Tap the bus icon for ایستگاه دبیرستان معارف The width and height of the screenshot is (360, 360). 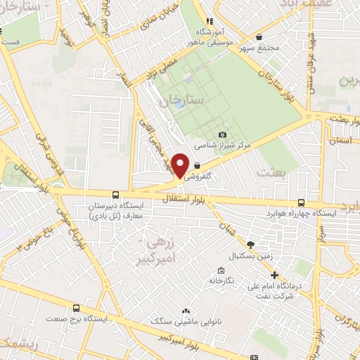(x=115, y=195)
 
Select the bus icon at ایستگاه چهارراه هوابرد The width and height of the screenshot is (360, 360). (x=302, y=201)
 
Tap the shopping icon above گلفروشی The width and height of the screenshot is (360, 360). (x=206, y=166)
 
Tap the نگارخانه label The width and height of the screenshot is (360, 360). (x=220, y=281)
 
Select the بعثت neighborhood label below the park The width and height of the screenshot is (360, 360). (x=273, y=172)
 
